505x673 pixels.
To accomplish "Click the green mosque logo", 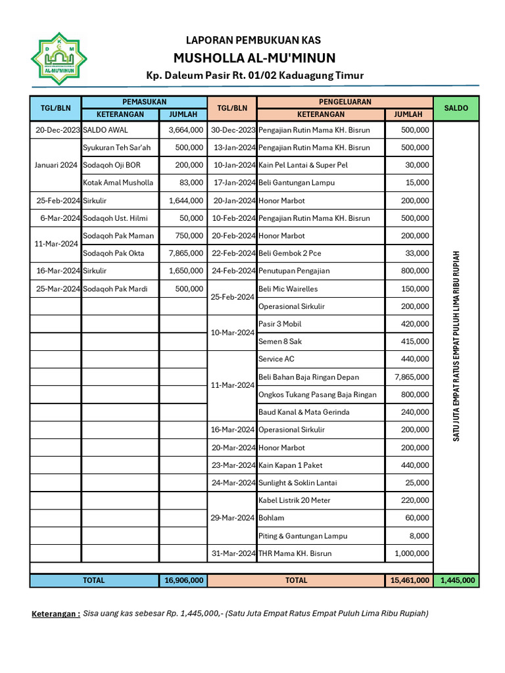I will tap(59, 59).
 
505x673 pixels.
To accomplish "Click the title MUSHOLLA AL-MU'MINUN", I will tap(254, 57).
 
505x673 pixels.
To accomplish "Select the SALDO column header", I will tap(456, 108).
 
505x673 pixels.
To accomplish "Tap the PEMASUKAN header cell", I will tap(144, 102).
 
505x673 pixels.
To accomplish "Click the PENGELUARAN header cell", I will tap(345, 102).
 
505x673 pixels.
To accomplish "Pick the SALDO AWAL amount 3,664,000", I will tap(185, 130).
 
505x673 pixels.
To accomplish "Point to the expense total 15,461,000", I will tap(408, 580).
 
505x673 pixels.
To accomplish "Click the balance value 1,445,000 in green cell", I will tap(456, 580).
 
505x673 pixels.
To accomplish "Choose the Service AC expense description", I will tap(280, 359).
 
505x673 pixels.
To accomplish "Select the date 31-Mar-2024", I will tap(233, 553).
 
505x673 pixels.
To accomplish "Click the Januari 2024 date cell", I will tap(56, 165).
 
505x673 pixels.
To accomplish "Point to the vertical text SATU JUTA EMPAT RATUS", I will tap(456, 346).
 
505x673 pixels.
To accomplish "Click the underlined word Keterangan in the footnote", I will tap(56, 614).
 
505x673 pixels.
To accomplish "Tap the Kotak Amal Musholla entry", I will tap(118, 183).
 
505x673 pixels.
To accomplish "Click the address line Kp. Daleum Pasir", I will tap(254, 76).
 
